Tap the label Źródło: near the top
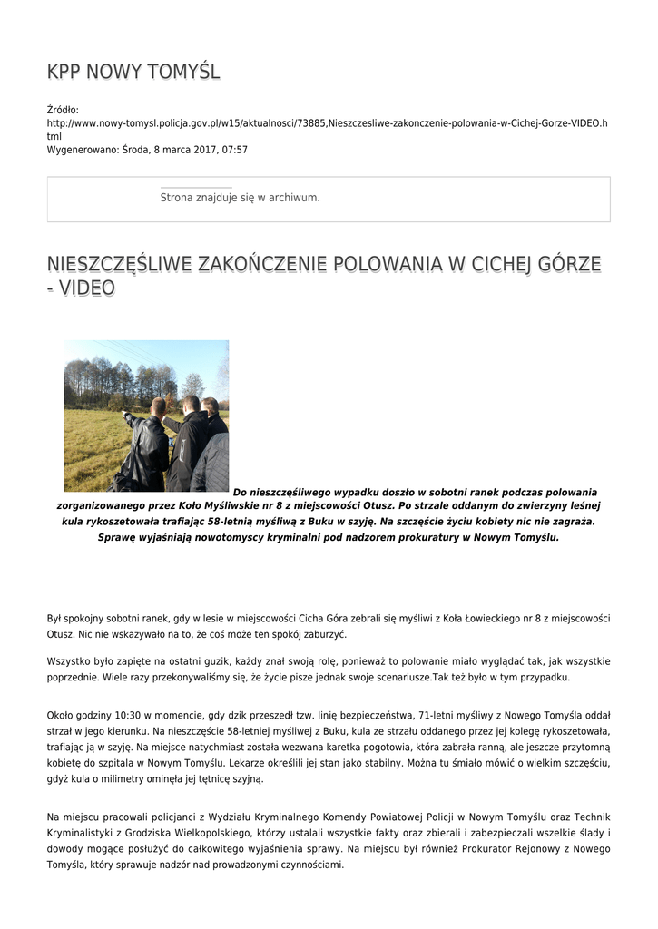[63, 110]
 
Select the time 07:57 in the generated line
[235, 150]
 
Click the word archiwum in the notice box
[296, 197]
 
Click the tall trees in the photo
[100, 381]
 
